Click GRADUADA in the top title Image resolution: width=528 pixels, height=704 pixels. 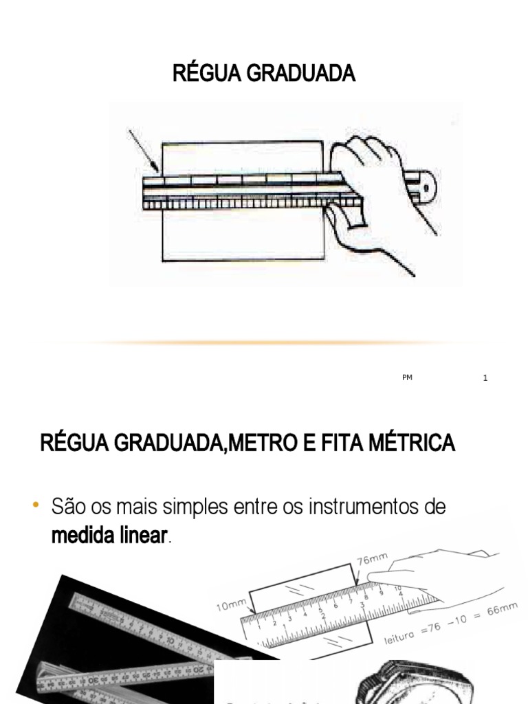point(301,74)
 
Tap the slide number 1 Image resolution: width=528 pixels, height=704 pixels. point(485,378)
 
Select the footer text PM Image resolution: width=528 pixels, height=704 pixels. point(407,378)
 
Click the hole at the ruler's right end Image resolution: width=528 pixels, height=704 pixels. point(427,187)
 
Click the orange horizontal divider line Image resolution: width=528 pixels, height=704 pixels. point(289,342)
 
